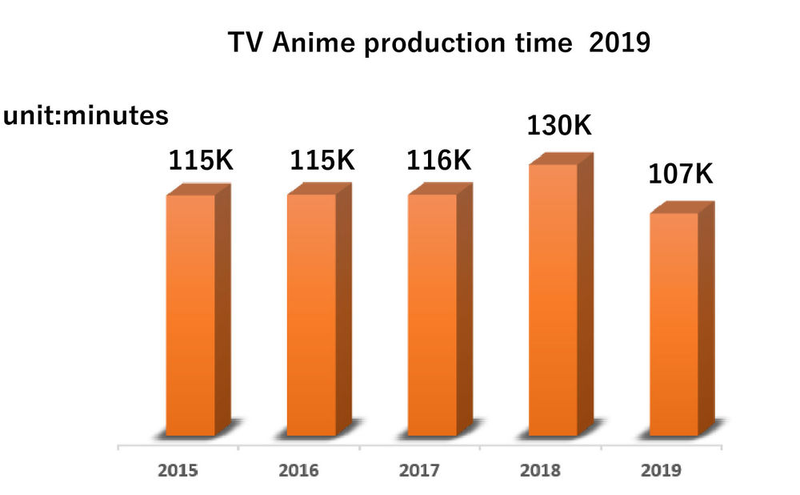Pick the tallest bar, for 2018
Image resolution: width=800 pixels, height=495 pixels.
[x=553, y=300]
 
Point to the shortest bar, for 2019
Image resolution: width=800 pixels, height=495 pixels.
[x=674, y=324]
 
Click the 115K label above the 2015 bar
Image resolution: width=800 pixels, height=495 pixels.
[x=201, y=160]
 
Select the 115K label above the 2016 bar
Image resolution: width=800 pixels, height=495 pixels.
[x=322, y=160]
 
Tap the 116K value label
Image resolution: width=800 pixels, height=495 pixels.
[x=438, y=160]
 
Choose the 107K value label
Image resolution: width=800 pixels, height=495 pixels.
[x=680, y=173]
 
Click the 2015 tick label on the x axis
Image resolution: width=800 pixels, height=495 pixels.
[x=178, y=470]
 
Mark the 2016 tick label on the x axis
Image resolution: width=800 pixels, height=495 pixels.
[x=298, y=470]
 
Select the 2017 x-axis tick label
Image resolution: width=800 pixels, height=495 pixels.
[x=419, y=470]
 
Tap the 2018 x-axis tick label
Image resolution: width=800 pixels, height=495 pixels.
[x=540, y=470]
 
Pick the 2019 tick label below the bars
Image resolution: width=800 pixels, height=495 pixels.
[x=661, y=470]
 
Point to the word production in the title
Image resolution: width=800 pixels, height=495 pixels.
[x=434, y=45]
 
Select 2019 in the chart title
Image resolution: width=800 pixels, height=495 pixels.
[x=618, y=43]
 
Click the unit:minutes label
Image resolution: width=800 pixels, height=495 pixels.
[x=86, y=116]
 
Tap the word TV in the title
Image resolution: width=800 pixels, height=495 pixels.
[x=245, y=43]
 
